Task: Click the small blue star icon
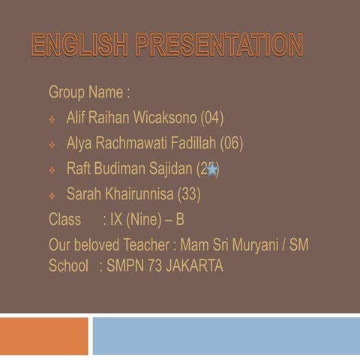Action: coord(212,169)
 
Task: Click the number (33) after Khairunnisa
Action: coord(188,194)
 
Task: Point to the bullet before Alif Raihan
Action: coord(52,119)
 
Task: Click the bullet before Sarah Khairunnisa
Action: coord(52,196)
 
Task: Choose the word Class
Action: coord(64,220)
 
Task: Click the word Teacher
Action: coord(145,244)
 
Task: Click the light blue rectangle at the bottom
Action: coord(225,335)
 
